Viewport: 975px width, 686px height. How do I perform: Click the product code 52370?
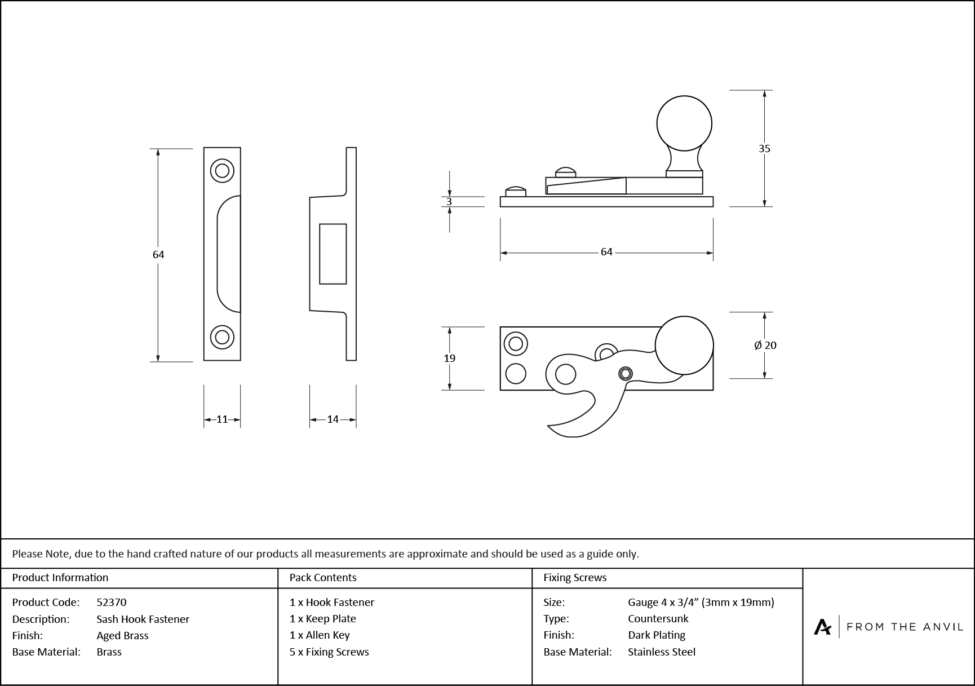tap(112, 602)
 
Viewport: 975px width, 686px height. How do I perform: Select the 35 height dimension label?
tap(764, 149)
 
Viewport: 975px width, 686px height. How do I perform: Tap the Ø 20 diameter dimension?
tap(765, 345)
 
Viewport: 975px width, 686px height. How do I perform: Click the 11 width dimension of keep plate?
tap(222, 419)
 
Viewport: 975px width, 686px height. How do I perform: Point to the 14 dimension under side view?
tap(333, 419)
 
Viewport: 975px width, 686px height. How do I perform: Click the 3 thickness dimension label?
tap(449, 202)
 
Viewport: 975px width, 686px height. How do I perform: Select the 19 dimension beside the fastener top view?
tap(449, 358)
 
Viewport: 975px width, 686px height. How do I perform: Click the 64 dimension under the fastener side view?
tap(606, 252)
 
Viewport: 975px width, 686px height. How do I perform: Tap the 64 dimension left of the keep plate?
tap(158, 255)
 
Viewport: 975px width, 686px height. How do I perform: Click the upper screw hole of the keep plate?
tap(222, 170)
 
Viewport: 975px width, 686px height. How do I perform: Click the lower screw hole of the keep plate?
tap(222, 337)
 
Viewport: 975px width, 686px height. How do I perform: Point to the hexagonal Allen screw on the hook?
tap(626, 373)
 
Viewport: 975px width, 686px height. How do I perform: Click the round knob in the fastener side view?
tap(684, 123)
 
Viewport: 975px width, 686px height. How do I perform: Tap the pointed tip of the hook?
tap(549, 427)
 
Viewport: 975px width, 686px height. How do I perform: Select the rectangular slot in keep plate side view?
tap(333, 254)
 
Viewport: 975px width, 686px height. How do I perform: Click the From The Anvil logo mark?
tap(822, 627)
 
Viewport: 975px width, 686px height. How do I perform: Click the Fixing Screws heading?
tap(575, 577)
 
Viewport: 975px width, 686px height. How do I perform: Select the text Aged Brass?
tap(122, 635)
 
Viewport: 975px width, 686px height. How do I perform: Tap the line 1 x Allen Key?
tap(320, 635)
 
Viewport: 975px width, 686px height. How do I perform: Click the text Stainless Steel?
tap(662, 652)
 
